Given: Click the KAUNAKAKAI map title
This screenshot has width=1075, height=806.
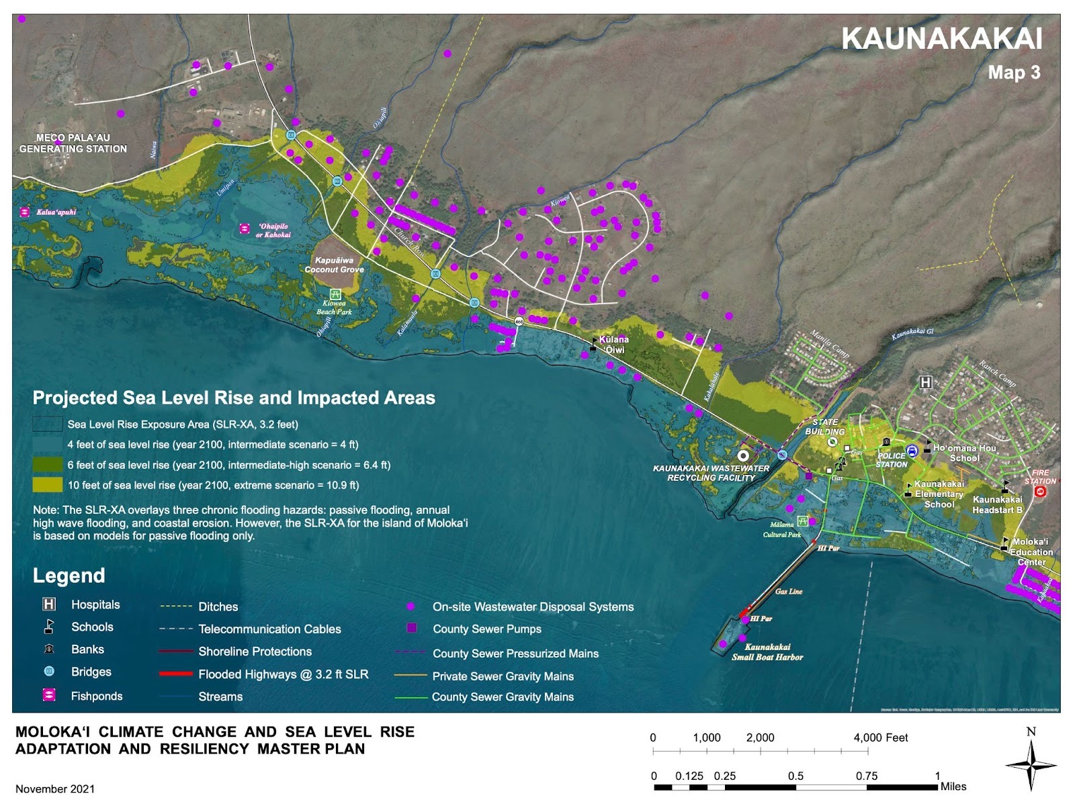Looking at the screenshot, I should pyautogui.click(x=941, y=39).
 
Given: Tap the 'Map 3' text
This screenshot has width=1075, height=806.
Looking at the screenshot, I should pyautogui.click(x=1013, y=73).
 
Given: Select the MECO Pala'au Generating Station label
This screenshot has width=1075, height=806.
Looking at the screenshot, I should pyautogui.click(x=73, y=143).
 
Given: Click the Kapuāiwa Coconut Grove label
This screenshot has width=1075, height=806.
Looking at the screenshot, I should pyautogui.click(x=334, y=265).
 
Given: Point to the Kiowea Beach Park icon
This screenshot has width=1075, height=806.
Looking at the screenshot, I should pyautogui.click(x=335, y=294).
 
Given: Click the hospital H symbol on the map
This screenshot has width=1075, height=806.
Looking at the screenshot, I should pyautogui.click(x=925, y=382).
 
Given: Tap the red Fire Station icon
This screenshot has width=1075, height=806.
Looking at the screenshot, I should pyautogui.click(x=1040, y=492).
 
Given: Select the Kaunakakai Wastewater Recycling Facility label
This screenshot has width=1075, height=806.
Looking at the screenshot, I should pyautogui.click(x=711, y=473).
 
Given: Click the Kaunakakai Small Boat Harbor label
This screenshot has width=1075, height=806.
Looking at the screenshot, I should pyautogui.click(x=767, y=652).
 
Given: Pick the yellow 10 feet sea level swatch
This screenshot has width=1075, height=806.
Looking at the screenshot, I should pyautogui.click(x=47, y=485).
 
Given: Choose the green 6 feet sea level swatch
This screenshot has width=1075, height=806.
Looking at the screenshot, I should pyautogui.click(x=47, y=465).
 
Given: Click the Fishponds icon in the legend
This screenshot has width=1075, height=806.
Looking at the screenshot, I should pyautogui.click(x=49, y=695).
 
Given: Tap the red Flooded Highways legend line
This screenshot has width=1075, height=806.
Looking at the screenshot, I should pyautogui.click(x=176, y=674).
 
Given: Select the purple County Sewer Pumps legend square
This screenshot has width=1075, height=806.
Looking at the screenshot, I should pyautogui.click(x=412, y=628).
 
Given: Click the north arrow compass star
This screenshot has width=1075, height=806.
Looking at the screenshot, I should pyautogui.click(x=1031, y=764).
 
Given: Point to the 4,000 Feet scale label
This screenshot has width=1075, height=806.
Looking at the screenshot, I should pyautogui.click(x=880, y=737).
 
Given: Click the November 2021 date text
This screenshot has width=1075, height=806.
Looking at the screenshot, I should pyautogui.click(x=55, y=789).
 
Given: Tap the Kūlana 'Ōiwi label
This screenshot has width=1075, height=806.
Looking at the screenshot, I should pyautogui.click(x=614, y=345).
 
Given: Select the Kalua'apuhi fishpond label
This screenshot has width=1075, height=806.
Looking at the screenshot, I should pyautogui.click(x=56, y=212).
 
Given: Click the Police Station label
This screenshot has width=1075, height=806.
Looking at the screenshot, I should pyautogui.click(x=892, y=460).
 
